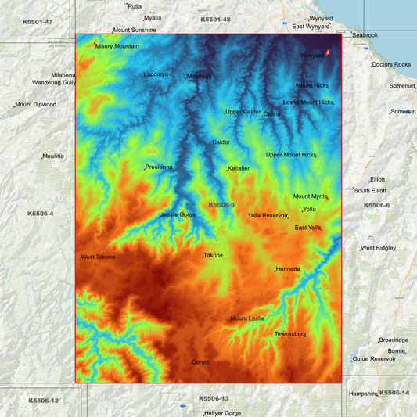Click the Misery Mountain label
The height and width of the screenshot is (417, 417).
[x=117, y=46]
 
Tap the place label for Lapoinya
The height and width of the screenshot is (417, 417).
[x=155, y=74]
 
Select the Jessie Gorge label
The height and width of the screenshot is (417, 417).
[x=178, y=214]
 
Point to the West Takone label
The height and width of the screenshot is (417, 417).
[x=98, y=257]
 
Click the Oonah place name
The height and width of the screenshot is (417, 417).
[x=201, y=362]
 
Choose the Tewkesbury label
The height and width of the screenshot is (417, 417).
[x=289, y=334]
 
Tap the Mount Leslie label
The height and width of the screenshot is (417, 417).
[x=247, y=318]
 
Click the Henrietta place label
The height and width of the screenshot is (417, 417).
[x=287, y=269]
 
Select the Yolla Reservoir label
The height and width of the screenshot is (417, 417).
[x=268, y=215]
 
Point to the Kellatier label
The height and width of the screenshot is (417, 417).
[x=238, y=168]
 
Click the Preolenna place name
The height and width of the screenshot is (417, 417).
[x=159, y=167]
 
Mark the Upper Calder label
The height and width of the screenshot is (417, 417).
[x=243, y=112]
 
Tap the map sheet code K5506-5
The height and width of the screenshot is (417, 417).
[x=221, y=204]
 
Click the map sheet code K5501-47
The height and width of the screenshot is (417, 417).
[x=38, y=21]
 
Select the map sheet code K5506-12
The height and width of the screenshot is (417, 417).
[x=43, y=401]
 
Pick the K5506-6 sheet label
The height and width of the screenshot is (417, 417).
[x=376, y=205]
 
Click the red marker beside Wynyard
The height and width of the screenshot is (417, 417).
[x=328, y=53]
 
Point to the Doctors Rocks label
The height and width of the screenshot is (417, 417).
[x=391, y=64]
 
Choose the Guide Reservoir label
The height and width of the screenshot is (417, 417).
[x=374, y=358]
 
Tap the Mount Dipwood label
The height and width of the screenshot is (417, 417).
[x=35, y=104]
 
